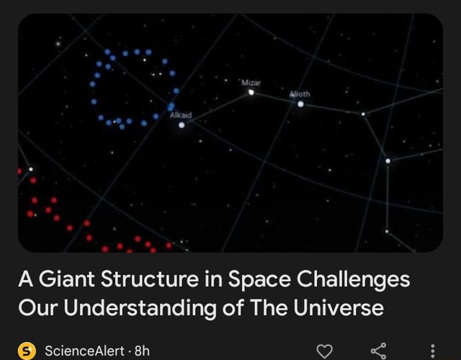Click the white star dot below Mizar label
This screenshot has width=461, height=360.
point(251,91)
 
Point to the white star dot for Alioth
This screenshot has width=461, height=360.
point(300,104)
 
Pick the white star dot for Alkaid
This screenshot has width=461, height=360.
point(182,125)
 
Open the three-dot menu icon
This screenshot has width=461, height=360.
point(432,351)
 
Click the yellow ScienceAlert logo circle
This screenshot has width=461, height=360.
point(27,351)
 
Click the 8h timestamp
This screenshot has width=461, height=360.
point(142,351)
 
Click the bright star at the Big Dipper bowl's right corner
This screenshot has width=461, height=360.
point(388,161)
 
